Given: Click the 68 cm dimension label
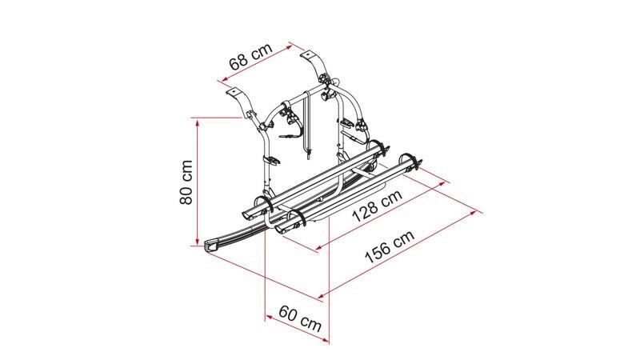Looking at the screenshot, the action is point(250,56).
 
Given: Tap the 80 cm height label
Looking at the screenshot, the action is point(186,182).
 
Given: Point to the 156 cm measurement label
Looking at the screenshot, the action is point(390,246).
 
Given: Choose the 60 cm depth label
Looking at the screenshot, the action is point(301,318).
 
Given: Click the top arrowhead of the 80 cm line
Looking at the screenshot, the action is point(198,122).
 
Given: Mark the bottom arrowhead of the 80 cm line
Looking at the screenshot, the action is point(198,242).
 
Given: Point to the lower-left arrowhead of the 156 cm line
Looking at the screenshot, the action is point(322,295).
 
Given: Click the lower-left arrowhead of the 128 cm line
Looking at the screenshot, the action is point(319,247).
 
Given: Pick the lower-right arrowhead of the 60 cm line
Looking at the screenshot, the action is point(326,339).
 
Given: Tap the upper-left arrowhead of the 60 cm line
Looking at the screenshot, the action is point(269,316).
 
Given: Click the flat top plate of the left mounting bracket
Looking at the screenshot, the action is point(234,91).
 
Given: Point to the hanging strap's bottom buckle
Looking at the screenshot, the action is point(309,154).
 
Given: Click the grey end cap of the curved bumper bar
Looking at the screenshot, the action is point(211,246).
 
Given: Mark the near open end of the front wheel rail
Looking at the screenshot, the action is point(282,228).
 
